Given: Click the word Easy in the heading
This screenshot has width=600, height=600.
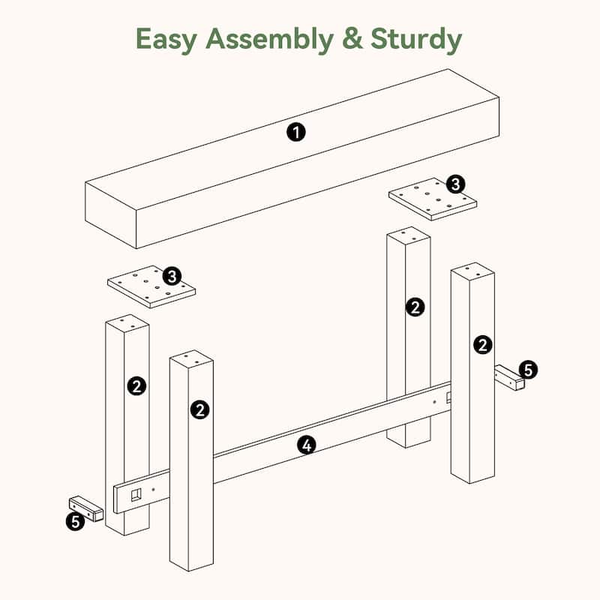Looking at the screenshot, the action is [166, 40].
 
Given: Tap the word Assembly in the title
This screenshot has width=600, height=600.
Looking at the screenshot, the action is [270, 40].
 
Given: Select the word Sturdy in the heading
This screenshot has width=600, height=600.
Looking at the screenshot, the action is [416, 40].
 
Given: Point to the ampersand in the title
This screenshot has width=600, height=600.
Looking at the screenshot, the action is [352, 39].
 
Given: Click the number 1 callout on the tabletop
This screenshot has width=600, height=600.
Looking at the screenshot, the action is [296, 133].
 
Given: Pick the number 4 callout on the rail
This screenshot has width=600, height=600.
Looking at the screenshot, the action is [307, 445].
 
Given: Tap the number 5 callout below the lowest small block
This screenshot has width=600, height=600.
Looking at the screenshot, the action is [76, 521].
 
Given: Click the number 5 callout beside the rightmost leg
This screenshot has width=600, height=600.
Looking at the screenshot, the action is [528, 370].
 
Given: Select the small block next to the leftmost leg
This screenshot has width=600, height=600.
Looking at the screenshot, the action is [86, 508].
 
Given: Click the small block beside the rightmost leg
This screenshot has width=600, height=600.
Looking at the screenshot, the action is [509, 377].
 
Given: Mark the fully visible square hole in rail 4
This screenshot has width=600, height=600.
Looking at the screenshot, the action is [136, 494].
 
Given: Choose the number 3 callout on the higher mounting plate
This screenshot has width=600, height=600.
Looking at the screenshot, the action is [455, 184].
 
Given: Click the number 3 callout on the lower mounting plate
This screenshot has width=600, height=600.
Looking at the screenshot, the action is [172, 276].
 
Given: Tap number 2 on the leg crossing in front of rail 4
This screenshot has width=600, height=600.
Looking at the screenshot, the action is [199, 410].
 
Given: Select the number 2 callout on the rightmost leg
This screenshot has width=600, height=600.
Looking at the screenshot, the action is [483, 345].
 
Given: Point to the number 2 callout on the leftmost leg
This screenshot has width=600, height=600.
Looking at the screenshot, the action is [136, 385].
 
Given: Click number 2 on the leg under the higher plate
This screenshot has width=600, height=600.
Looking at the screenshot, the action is [415, 307].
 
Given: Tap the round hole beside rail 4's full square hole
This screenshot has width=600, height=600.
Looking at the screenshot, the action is [153, 489].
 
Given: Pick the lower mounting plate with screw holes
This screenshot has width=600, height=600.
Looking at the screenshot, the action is [151, 287].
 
